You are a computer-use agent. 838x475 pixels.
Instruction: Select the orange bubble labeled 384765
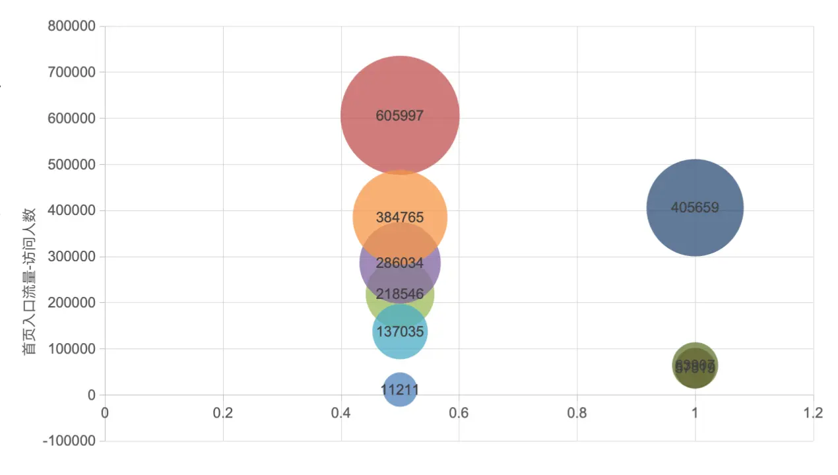[x=400, y=198]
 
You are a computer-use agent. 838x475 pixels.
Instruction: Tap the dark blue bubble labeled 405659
[x=695, y=207]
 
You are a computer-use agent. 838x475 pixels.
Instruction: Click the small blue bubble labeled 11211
[x=400, y=390]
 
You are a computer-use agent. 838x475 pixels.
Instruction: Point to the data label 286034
[x=400, y=263]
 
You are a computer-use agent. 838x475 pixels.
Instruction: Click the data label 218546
[x=400, y=294]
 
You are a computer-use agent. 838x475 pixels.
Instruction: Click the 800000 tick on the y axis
[x=72, y=26]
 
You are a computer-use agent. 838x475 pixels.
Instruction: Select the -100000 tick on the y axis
[x=69, y=441]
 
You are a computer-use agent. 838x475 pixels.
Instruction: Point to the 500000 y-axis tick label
[x=72, y=164]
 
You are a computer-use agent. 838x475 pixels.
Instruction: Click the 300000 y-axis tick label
[x=72, y=257]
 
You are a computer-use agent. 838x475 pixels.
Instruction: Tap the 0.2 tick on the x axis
[x=223, y=413]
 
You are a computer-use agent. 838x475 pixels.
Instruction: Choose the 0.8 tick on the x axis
[x=577, y=413]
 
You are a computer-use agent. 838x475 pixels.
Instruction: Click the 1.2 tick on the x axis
[x=813, y=413]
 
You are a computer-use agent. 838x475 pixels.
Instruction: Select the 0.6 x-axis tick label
[x=459, y=413]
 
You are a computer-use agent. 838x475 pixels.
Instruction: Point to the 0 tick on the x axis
[x=105, y=413]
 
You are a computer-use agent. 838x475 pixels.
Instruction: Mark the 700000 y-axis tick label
[x=72, y=72]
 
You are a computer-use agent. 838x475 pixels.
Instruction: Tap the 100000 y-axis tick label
[x=72, y=348]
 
